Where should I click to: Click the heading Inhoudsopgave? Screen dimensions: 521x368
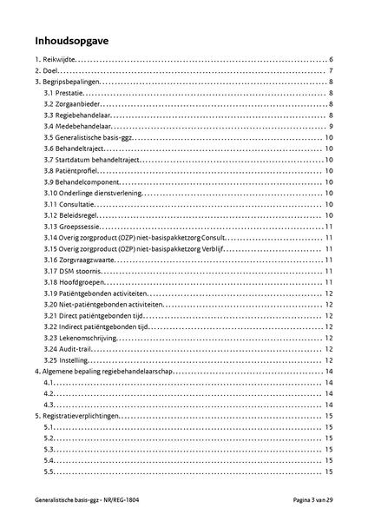[72, 40]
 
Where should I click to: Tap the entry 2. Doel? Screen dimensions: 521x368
[47, 70]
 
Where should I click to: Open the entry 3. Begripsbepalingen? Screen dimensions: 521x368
[69, 82]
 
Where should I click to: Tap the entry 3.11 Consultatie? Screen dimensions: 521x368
[71, 204]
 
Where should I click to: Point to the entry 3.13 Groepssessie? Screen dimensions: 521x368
[73, 227]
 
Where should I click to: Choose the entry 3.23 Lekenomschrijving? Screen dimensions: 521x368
[82, 338]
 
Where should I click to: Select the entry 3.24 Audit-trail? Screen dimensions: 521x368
[71, 349]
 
